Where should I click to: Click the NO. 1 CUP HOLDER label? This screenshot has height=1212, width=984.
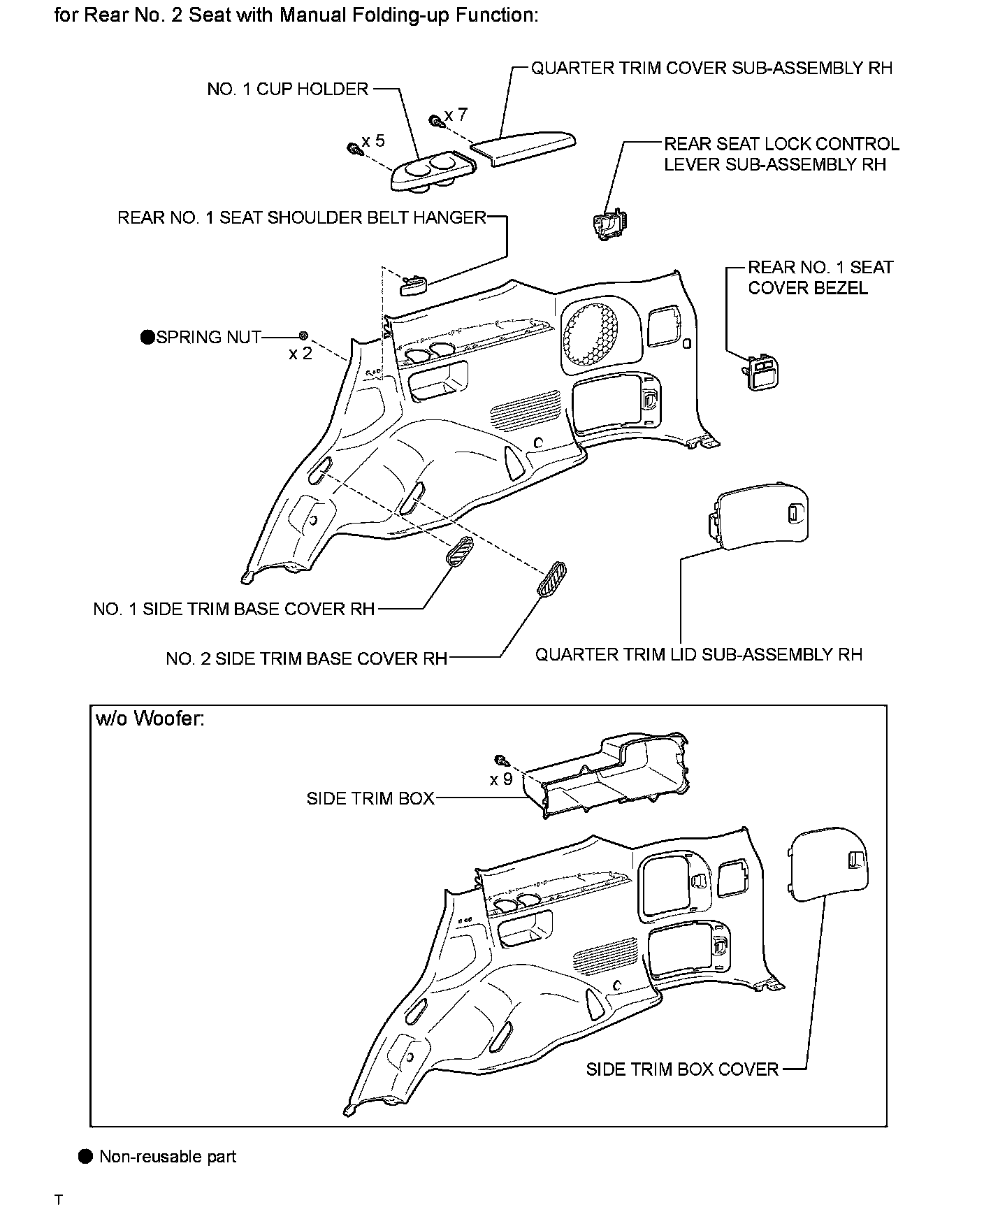tap(288, 89)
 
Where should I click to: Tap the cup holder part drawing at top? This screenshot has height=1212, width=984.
tap(432, 172)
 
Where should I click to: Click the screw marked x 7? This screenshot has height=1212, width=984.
tap(435, 121)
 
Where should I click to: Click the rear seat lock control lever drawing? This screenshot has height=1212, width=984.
tap(609, 223)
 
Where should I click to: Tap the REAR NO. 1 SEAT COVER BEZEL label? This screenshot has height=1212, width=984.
tap(820, 277)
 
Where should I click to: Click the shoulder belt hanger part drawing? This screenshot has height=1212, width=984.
tap(412, 284)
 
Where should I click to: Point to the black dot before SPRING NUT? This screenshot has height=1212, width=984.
tap(147, 338)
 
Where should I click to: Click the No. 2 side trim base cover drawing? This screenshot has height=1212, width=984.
tap(552, 579)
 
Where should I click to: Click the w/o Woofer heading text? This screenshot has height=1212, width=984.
tap(150, 719)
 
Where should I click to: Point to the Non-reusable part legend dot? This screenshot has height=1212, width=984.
tap(85, 1157)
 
